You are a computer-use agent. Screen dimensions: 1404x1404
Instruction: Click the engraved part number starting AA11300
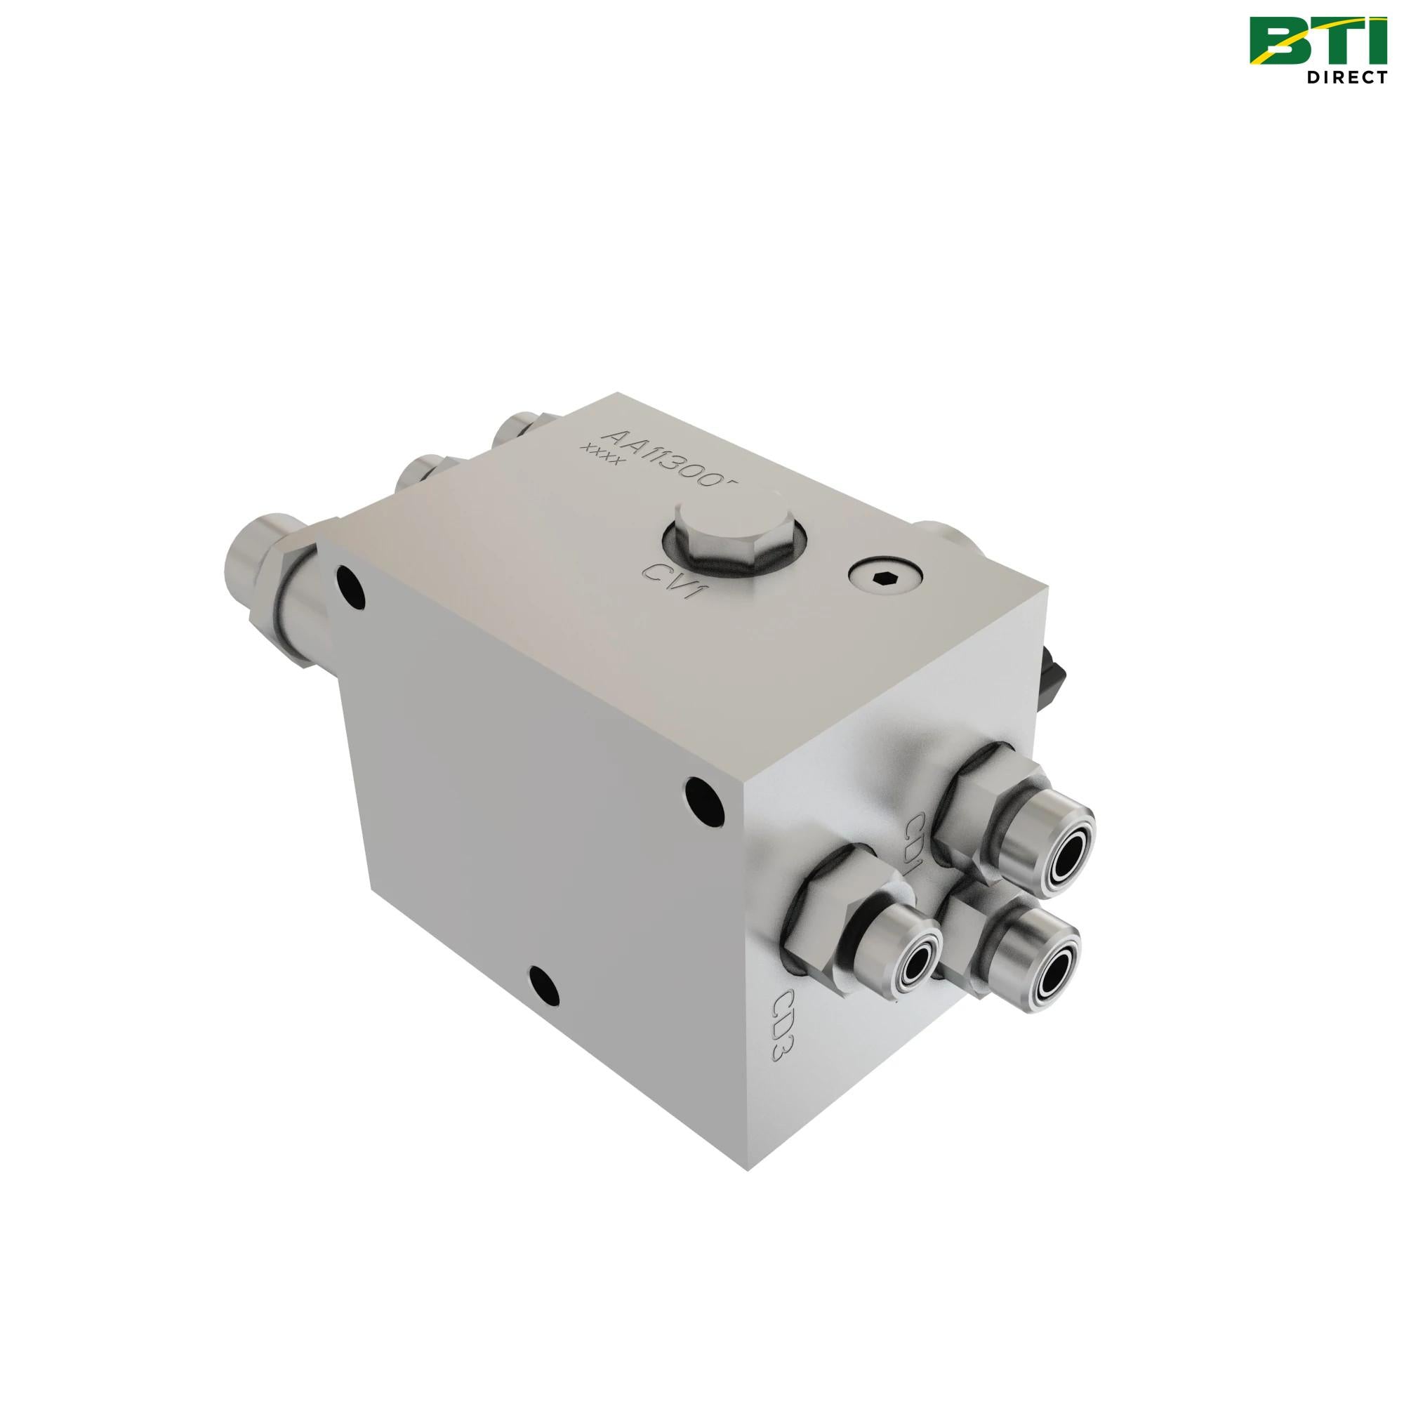click(x=669, y=461)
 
